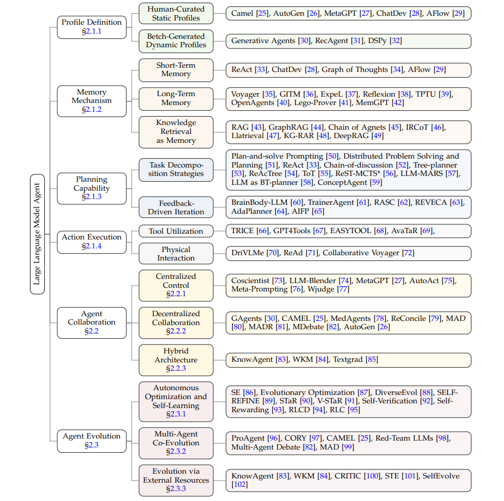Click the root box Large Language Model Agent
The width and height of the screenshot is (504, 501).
(37, 234)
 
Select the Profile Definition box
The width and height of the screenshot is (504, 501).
(91, 27)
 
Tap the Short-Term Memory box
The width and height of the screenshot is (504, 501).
(176, 70)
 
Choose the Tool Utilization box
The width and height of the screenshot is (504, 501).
(176, 231)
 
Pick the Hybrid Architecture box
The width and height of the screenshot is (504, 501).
(176, 360)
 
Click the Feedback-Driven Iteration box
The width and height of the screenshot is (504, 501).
(176, 207)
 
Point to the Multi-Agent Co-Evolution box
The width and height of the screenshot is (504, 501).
(176, 443)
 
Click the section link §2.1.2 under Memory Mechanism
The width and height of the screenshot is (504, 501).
(91, 109)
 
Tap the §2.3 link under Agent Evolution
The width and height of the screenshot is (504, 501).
(91, 445)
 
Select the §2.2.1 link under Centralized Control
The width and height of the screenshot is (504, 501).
(176, 294)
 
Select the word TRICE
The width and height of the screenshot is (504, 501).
(243, 231)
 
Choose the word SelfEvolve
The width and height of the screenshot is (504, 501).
(439, 476)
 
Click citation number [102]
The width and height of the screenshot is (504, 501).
(240, 484)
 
